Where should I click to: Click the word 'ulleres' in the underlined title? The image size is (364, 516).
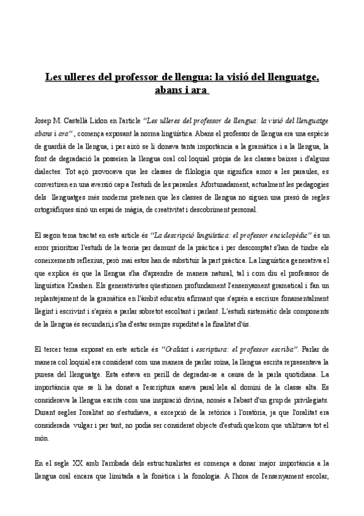tap(80, 77)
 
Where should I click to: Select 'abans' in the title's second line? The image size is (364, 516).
tap(166, 90)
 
